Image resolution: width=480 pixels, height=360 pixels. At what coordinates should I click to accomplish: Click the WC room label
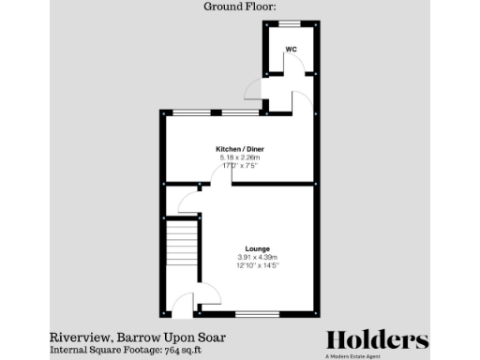tap(292, 49)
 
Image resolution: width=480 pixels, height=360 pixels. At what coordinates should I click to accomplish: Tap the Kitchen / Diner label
tap(232, 148)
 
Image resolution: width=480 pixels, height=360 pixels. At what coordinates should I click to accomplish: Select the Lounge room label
tap(257, 248)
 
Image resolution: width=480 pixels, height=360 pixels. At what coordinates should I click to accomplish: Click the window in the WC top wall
tap(290, 22)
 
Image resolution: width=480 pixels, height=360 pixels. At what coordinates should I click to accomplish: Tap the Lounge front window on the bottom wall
tap(254, 312)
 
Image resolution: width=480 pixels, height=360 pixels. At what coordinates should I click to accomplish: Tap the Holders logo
tap(377, 339)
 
